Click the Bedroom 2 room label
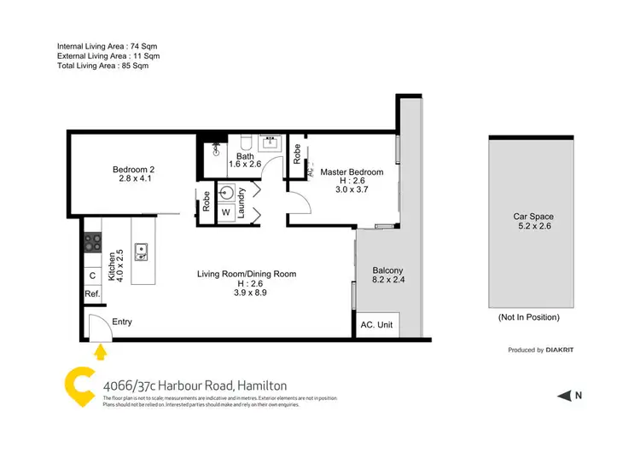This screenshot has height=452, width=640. pyautogui.click(x=133, y=169)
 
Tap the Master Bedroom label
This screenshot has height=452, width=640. pyautogui.click(x=352, y=172)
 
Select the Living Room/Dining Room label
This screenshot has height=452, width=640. pyautogui.click(x=247, y=274)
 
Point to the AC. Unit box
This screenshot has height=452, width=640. pyautogui.click(x=375, y=325)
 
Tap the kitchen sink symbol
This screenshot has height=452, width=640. pyautogui.click(x=144, y=250)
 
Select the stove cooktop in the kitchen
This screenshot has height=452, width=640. pyautogui.click(x=92, y=242)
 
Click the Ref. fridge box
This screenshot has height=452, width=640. pyautogui.click(x=92, y=294)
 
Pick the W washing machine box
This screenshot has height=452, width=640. pyautogui.click(x=226, y=212)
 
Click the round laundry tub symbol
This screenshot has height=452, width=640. pyautogui.click(x=227, y=191)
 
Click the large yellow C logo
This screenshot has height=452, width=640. pyautogui.click(x=79, y=385)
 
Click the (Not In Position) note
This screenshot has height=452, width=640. pyautogui.click(x=528, y=317)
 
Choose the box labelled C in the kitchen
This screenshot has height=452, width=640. pyautogui.click(x=92, y=275)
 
